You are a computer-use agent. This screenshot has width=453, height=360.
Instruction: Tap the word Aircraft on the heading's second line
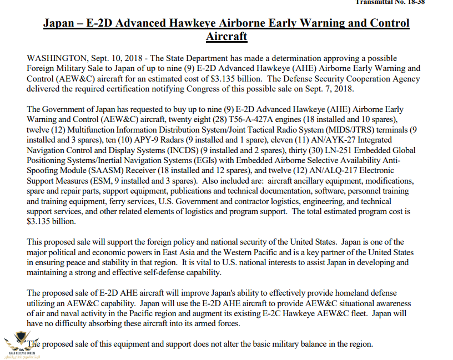point(226,37)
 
